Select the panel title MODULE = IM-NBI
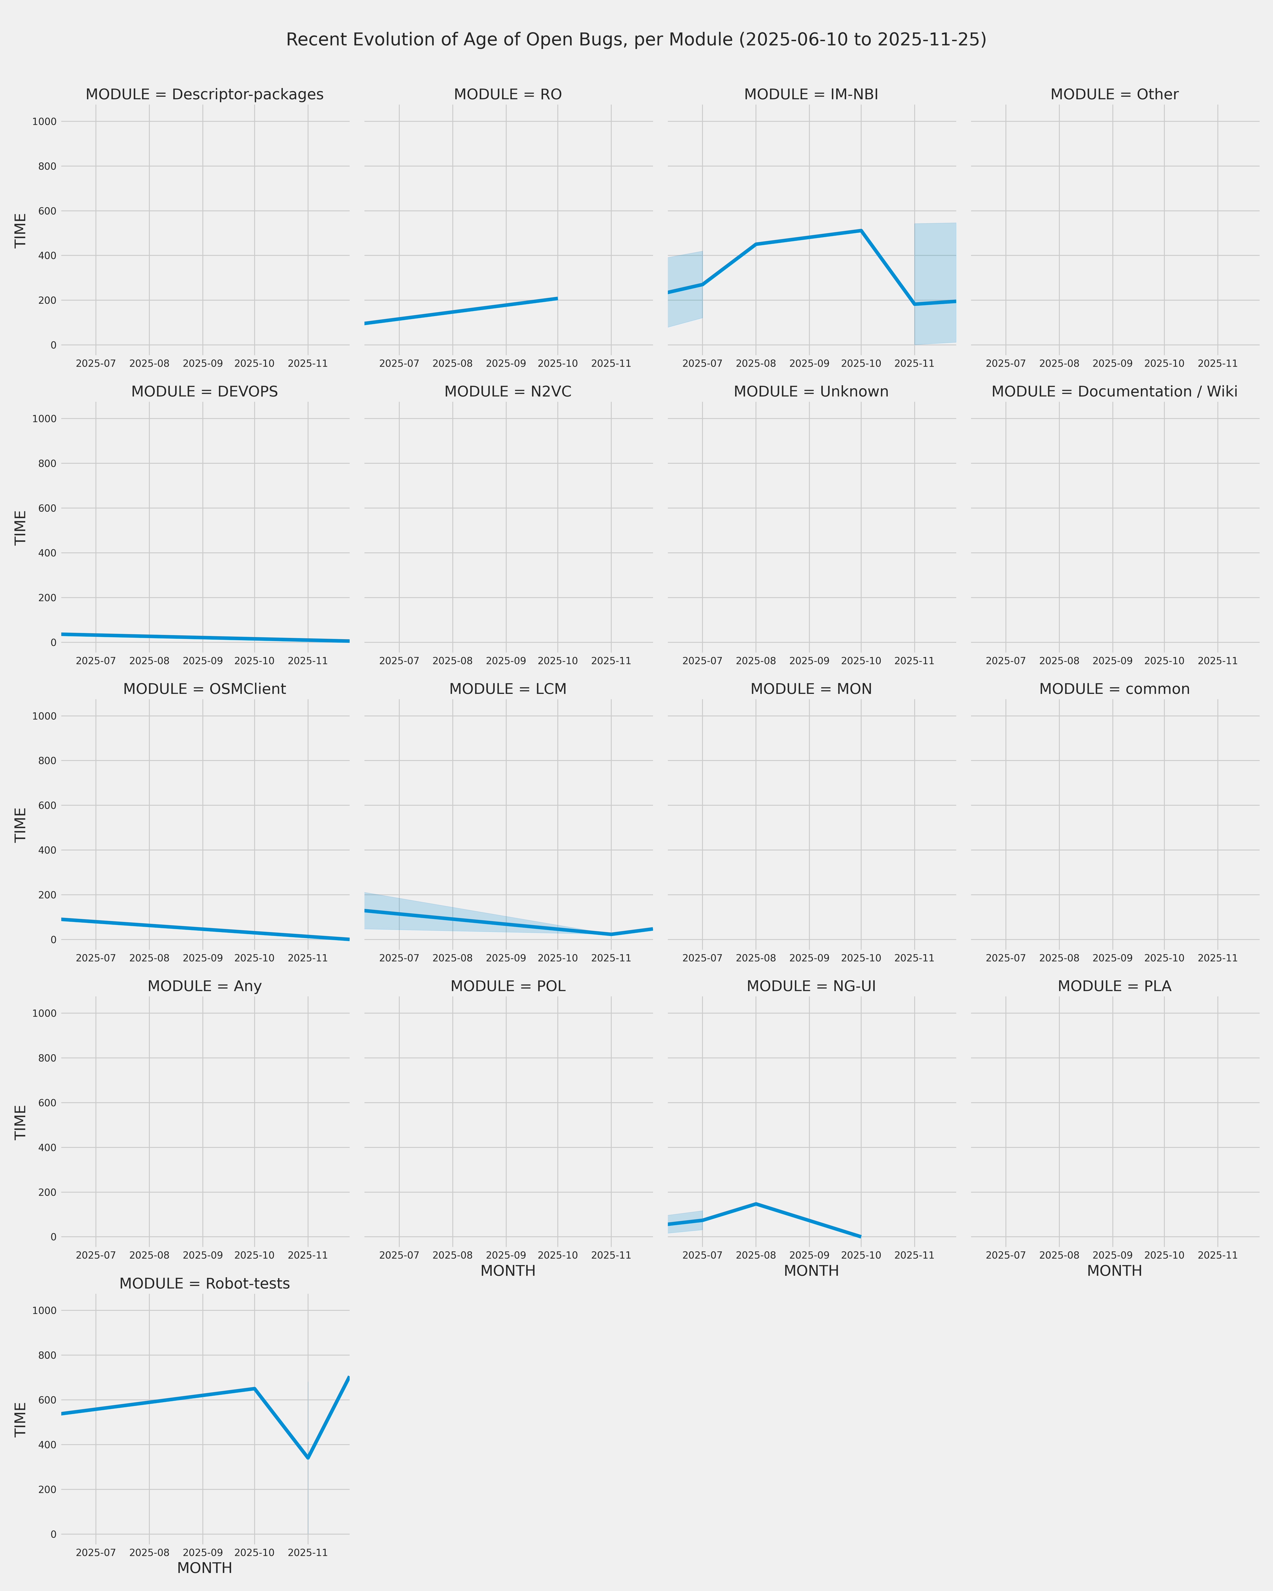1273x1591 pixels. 811,94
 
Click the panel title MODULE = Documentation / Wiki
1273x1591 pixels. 1114,392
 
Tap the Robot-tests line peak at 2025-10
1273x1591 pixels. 255,1389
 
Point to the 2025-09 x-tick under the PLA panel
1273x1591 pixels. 1112,1255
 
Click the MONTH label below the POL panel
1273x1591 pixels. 508,1271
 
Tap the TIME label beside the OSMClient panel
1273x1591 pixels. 21,825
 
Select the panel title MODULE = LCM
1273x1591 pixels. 508,689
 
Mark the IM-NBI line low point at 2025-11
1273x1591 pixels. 914,304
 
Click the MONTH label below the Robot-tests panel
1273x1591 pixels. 204,1568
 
